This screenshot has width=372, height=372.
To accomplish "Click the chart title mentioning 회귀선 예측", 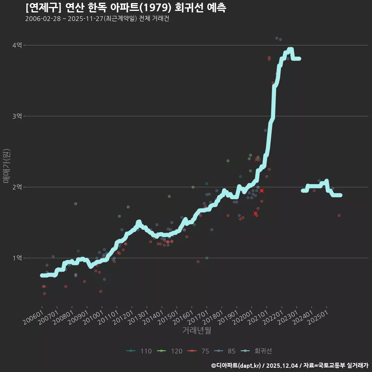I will pos(126,7).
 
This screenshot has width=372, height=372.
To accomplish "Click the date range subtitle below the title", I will pos(97,19).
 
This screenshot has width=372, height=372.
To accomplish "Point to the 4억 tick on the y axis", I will pos(17,45).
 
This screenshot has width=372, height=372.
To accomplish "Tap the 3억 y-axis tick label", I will pos(17,116).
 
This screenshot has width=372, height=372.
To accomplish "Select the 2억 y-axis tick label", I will pos(17,187).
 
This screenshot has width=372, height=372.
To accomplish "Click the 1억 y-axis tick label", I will pos(17,258).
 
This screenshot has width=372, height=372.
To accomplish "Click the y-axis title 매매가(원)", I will pos(7,166).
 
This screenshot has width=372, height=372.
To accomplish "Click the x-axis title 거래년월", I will pos(196,331).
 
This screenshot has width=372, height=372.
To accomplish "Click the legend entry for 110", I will pos(139,351).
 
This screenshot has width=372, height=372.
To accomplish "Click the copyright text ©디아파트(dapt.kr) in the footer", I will pos(236,365).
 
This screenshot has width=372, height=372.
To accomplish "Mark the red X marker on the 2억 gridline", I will pos(262,191).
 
